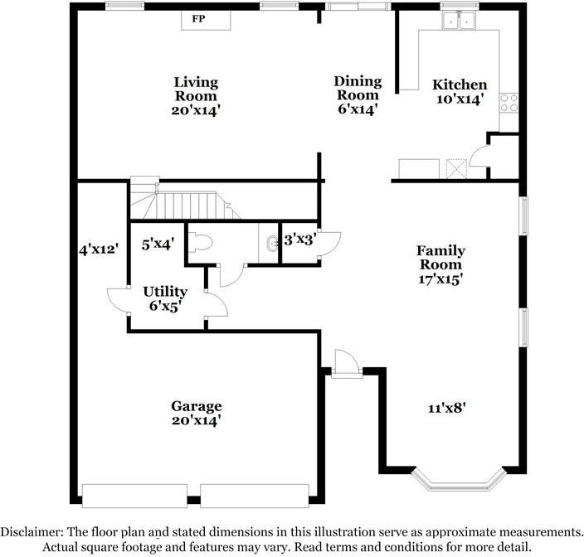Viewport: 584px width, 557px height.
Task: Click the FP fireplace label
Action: click(x=198, y=18)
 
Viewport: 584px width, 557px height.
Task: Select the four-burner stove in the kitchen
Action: click(x=509, y=103)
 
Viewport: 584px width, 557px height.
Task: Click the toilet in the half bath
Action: click(x=201, y=242)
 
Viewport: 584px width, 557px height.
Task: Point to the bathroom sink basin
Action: click(x=273, y=244)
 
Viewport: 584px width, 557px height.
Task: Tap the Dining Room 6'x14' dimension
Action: click(x=358, y=109)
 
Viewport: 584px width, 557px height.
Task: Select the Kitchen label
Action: click(x=460, y=85)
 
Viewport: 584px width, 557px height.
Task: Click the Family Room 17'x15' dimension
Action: click(x=440, y=279)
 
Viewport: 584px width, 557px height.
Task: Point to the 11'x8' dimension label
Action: click(x=446, y=408)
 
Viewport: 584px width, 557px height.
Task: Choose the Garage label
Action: click(x=197, y=406)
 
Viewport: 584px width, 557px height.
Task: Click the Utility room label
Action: click(x=165, y=292)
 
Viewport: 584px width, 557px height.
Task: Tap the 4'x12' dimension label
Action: click(x=99, y=249)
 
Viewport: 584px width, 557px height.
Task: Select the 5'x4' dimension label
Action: click(x=158, y=245)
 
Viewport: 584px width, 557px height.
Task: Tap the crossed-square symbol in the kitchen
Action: click(x=456, y=169)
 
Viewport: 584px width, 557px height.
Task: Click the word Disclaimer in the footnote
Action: click(x=32, y=531)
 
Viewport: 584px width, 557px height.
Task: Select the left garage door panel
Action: click(x=134, y=496)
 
